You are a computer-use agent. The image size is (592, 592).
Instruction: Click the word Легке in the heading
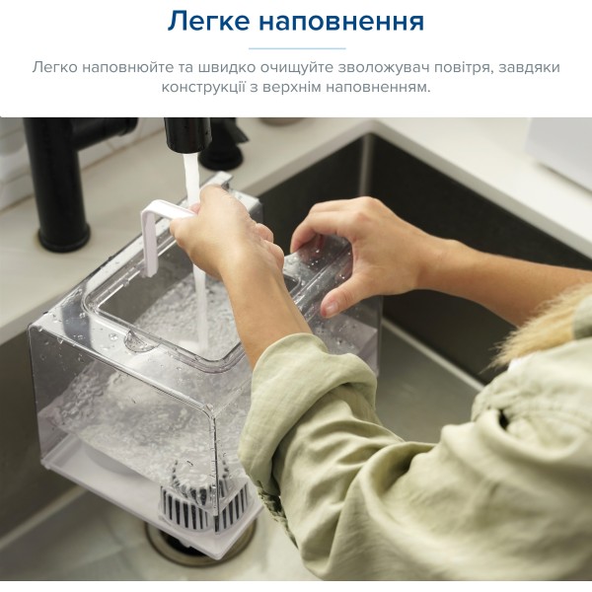click(x=208, y=21)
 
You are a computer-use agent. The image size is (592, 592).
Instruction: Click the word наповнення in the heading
click(x=341, y=21)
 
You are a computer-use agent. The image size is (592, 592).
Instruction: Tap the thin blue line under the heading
click(x=297, y=48)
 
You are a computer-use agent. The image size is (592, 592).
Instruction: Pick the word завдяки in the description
click(x=529, y=68)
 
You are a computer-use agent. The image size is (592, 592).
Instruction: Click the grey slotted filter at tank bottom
click(x=204, y=502)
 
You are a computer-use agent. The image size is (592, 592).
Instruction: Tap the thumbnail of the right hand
click(x=331, y=308)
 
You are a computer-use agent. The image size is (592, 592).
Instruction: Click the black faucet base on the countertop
click(x=64, y=236)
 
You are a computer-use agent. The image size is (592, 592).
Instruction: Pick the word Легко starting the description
click(x=54, y=67)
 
